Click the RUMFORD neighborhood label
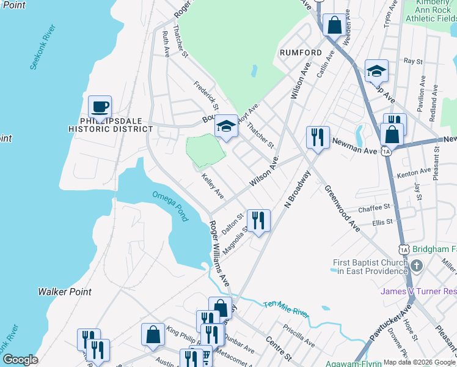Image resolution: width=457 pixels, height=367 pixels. point(301,53)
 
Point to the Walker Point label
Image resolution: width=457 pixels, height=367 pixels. point(65,292)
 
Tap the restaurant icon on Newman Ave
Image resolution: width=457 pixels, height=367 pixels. point(318,138)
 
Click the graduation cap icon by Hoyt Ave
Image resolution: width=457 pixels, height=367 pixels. point(226,127)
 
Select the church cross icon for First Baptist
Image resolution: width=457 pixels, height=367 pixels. point(417,266)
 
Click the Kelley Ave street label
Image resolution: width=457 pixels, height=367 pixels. point(213,187)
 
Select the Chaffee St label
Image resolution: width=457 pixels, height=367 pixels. point(374,208)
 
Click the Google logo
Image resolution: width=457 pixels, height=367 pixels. point(20,360)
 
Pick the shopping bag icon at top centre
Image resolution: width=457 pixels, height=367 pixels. point(334,26)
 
